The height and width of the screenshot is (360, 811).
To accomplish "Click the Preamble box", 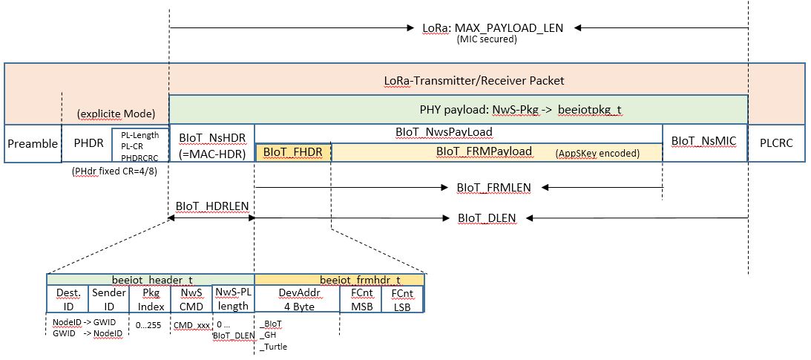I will [x=32, y=144].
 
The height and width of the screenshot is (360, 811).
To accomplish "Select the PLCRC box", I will [x=776, y=144].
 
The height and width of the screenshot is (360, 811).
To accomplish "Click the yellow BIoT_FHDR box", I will [x=293, y=152].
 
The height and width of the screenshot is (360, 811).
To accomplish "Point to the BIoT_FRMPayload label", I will [x=484, y=151].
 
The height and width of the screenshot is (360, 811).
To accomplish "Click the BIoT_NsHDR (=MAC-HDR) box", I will [x=211, y=144].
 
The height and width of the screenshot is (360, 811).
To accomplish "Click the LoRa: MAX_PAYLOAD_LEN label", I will [x=493, y=28].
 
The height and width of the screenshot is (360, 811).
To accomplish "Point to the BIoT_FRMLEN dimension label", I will [x=494, y=188].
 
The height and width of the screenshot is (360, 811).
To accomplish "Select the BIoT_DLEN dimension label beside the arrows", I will [x=486, y=218].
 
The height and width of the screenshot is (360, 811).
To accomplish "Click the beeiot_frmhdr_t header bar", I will [x=339, y=280].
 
